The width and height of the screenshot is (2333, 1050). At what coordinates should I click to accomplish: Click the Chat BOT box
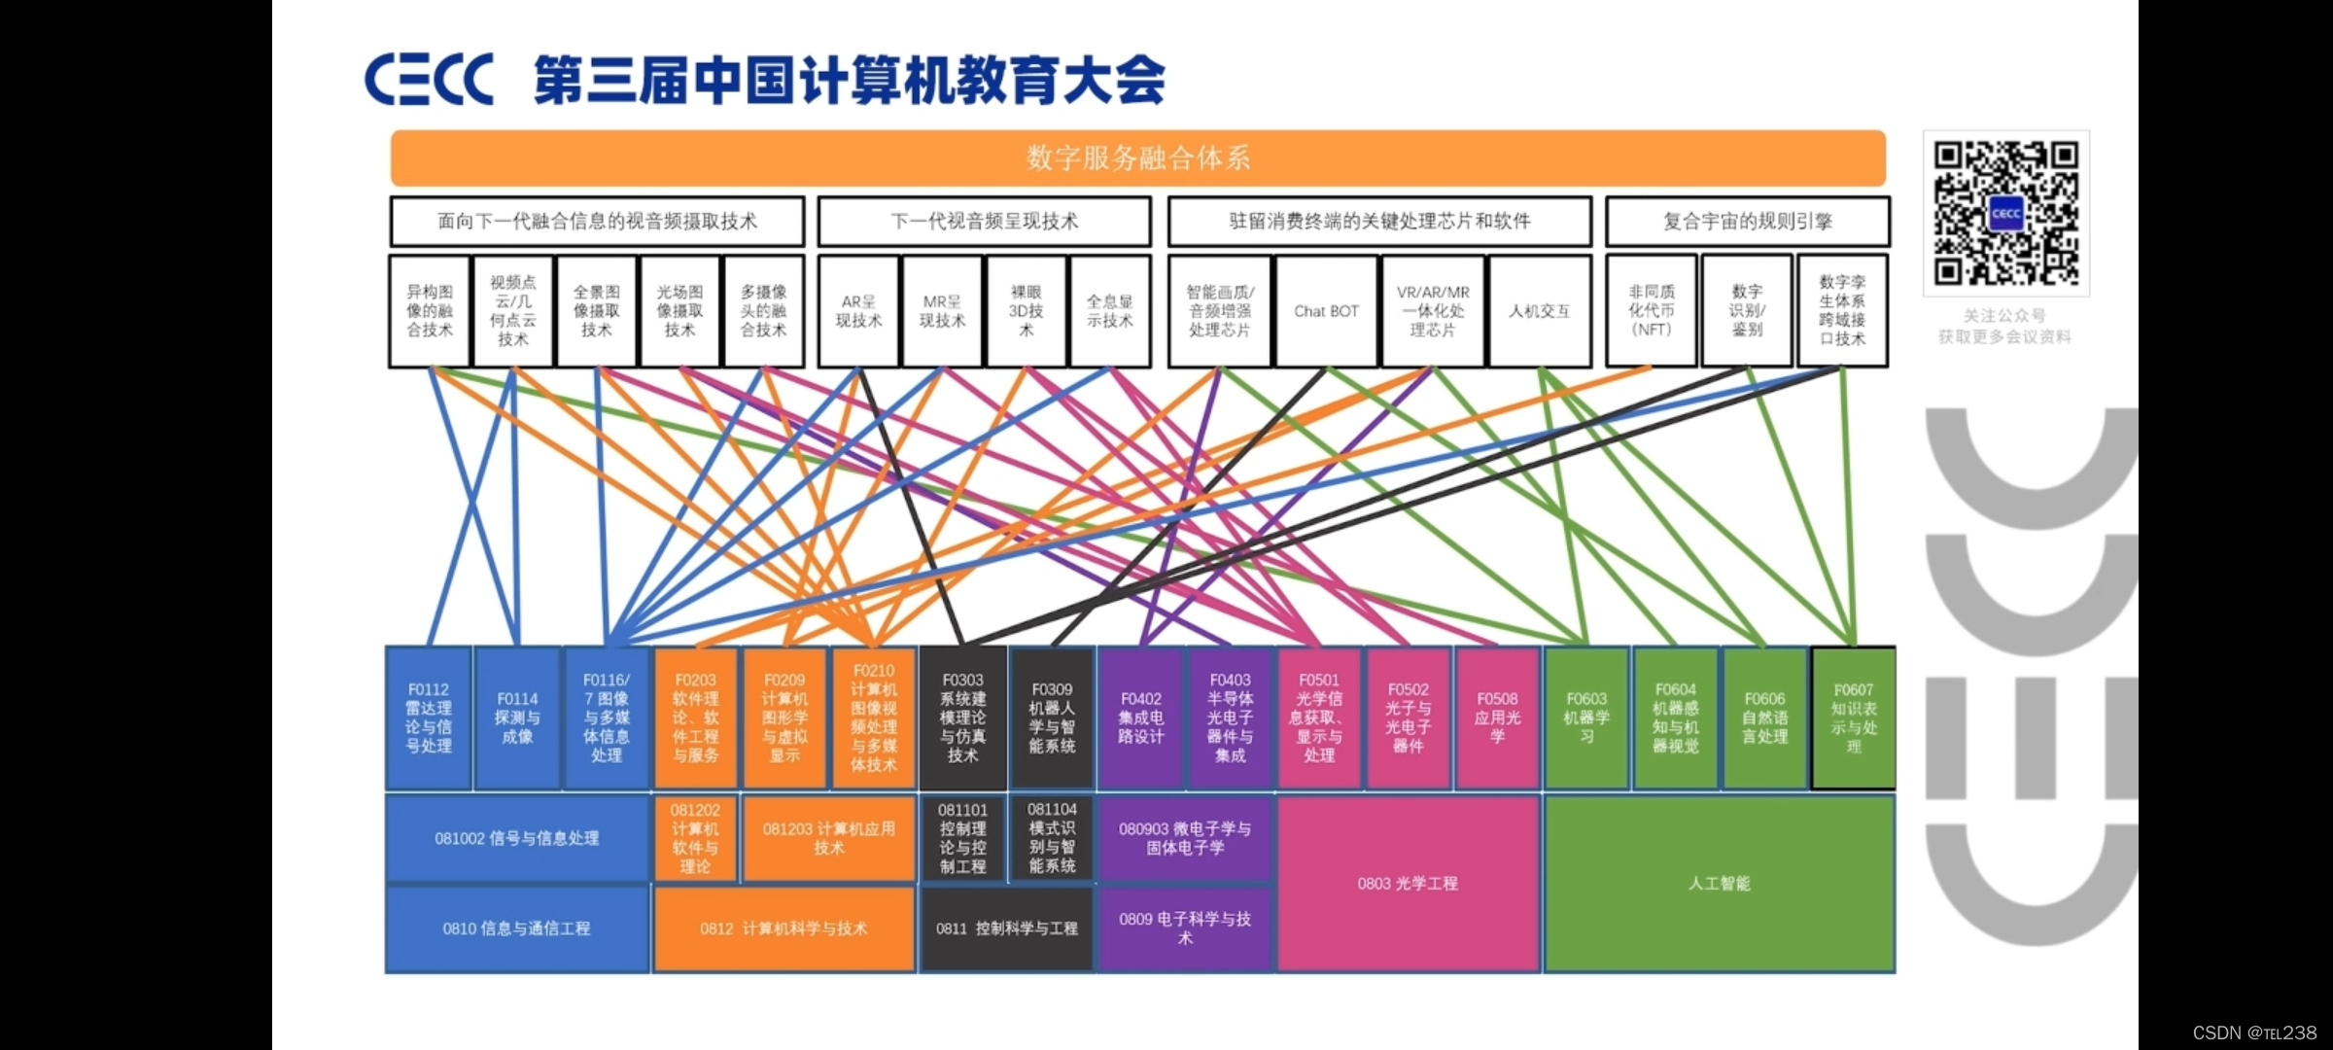pos(1326,311)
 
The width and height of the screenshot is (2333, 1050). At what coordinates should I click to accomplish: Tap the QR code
pos(2005,213)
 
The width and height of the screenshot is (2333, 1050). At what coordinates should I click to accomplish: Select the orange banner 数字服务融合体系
pos(1137,157)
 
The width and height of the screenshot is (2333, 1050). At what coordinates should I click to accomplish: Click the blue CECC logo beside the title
pos(429,80)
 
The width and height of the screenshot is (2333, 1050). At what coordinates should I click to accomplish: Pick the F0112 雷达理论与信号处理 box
pos(429,717)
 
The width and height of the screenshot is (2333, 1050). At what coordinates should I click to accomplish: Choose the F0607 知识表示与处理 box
pos(1853,717)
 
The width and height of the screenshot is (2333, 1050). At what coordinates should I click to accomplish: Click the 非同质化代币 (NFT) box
pos(1651,311)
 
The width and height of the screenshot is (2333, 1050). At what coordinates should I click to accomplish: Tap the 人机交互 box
pos(1539,311)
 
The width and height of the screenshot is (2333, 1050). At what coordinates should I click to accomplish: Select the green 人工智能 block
pos(1719,883)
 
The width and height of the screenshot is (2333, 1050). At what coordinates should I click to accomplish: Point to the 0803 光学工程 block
pos(1408,883)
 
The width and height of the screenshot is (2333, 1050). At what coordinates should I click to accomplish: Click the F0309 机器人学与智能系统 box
pos(1052,717)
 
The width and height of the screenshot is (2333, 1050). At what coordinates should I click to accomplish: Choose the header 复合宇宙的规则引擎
pos(1747,222)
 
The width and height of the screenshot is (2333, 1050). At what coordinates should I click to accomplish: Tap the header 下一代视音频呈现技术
pos(984,222)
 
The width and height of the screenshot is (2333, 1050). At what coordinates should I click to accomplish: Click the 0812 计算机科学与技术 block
pos(783,928)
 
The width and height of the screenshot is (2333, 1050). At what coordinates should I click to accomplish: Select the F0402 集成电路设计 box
pos(1140,717)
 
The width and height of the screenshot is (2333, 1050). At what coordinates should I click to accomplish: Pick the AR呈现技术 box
pos(858,311)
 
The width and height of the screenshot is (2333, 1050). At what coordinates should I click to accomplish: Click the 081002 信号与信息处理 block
pos(517,838)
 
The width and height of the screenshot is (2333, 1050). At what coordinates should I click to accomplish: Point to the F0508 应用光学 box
pos(1497,717)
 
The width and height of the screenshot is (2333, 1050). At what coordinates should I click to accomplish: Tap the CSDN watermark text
pos(2254,1032)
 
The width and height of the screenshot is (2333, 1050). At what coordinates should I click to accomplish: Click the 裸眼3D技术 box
pos(1026,311)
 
